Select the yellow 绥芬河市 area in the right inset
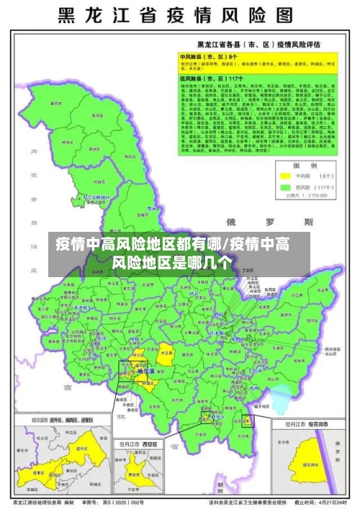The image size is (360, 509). point(310,461)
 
